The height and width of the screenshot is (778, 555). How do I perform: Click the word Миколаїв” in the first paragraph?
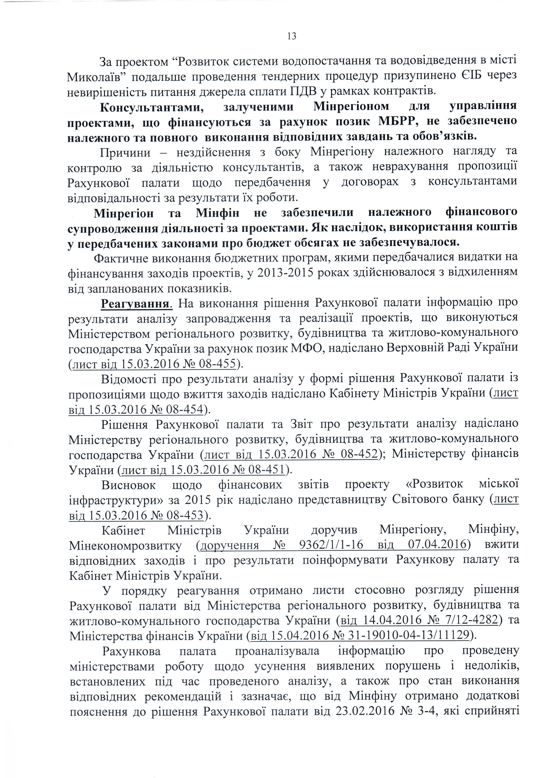(x=97, y=77)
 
